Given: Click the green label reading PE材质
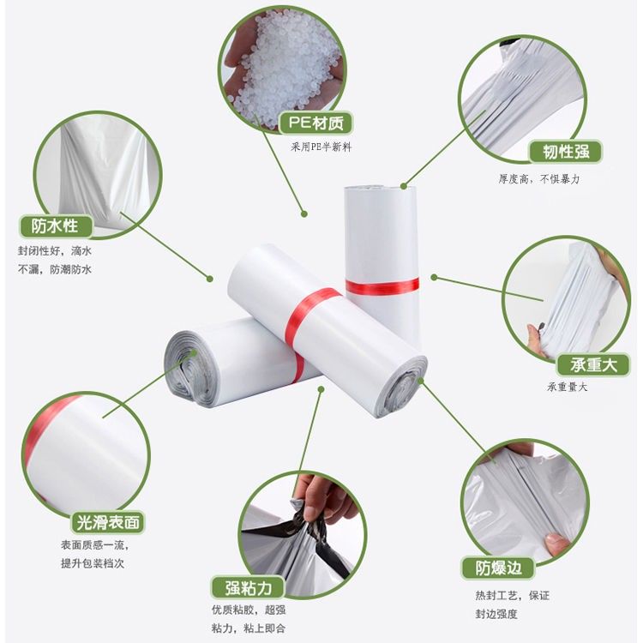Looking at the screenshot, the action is pos(315,123).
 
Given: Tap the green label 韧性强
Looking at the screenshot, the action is pos(566,152).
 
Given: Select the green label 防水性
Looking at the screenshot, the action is pos(56,226).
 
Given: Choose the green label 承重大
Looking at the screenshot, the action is pos(593,364).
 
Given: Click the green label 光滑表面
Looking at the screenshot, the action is pos(108,522).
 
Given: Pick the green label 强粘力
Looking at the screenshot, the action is pos(248,587).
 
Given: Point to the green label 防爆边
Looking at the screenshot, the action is pos(498,568).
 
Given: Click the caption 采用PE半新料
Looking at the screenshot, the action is pos(321,147).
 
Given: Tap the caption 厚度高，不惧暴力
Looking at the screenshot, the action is pos(539,179).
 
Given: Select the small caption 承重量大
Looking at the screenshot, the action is pos(567,387).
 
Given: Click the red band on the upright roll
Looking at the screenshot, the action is pos(382,286).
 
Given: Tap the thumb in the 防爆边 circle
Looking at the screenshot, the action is pos(557,544).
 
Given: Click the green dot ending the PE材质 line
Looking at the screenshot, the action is pos(303,213).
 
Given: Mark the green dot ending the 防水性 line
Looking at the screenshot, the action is pos(210,279).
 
